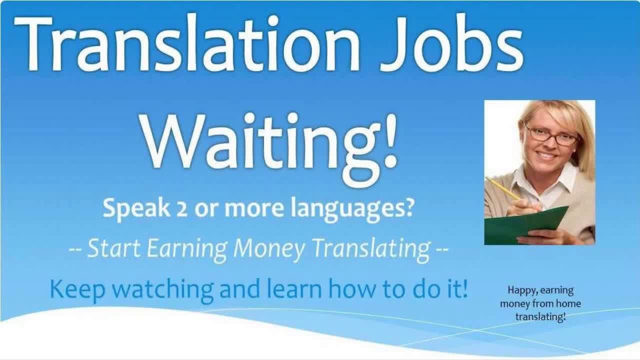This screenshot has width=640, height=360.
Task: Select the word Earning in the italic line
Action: coord(188,249)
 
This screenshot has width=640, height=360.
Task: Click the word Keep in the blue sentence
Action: coord(74,289)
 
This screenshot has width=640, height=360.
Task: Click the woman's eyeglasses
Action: coord(550,135)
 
